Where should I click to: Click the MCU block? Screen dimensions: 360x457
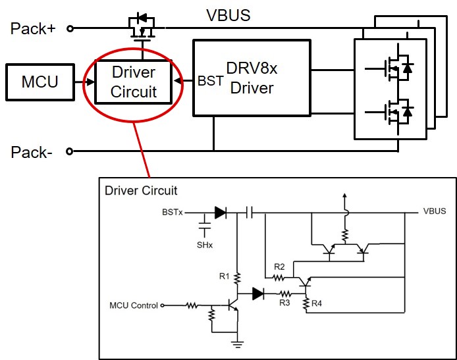[x=40, y=82]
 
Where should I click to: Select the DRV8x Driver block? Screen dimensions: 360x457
[x=252, y=77]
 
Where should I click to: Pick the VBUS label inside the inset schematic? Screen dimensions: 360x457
[x=434, y=211]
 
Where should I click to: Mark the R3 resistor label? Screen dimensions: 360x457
[x=284, y=303]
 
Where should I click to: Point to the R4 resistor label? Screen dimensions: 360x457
[x=317, y=303]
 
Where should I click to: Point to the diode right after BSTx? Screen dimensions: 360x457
[x=220, y=213]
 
